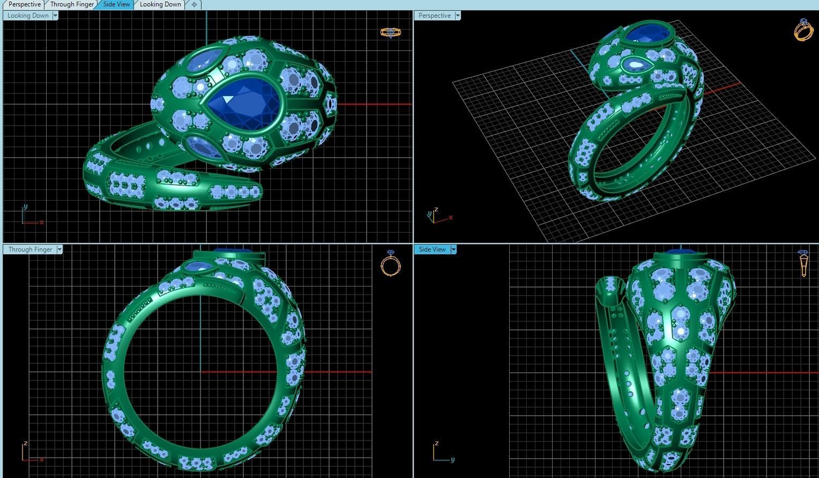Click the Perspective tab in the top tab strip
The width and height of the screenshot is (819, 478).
coord(24,4)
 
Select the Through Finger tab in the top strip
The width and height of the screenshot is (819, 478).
coord(72,4)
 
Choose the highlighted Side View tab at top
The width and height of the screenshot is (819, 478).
coord(116,4)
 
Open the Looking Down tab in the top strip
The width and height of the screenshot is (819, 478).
coord(160,4)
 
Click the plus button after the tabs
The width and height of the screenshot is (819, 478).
coord(194,4)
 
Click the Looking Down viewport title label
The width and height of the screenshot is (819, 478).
coord(28,16)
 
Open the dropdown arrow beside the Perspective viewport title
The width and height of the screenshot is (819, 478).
coord(458,16)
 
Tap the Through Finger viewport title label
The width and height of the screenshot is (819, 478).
coord(30,249)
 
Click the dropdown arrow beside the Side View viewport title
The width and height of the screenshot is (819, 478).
coord(453,249)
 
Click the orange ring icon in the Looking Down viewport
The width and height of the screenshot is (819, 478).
coord(390,32)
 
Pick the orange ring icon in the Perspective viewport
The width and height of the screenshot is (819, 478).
coord(803,30)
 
